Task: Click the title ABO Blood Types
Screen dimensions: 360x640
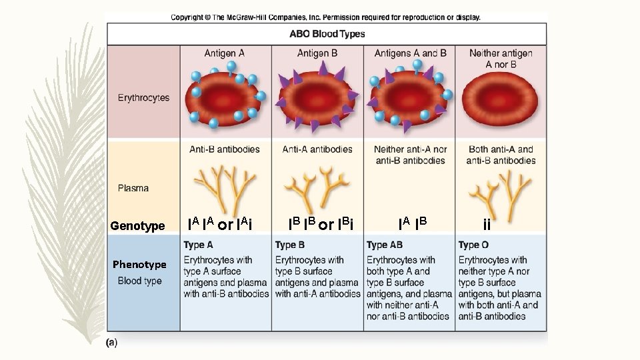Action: click(x=327, y=34)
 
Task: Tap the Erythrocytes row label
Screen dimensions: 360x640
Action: click(x=143, y=97)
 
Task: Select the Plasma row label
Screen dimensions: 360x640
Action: click(x=133, y=188)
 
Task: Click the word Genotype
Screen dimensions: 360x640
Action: click(x=138, y=226)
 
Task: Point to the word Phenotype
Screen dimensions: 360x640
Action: click(x=139, y=265)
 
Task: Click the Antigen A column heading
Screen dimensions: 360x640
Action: click(x=224, y=53)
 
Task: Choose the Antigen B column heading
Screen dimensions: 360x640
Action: click(x=317, y=53)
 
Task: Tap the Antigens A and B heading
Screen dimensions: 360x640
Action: click(x=410, y=53)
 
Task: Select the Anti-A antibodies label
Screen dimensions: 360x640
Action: click(x=317, y=149)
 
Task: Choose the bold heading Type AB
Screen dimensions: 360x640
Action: click(x=385, y=245)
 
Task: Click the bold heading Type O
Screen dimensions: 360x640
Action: click(x=473, y=245)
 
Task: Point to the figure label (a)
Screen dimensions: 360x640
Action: click(x=112, y=342)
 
